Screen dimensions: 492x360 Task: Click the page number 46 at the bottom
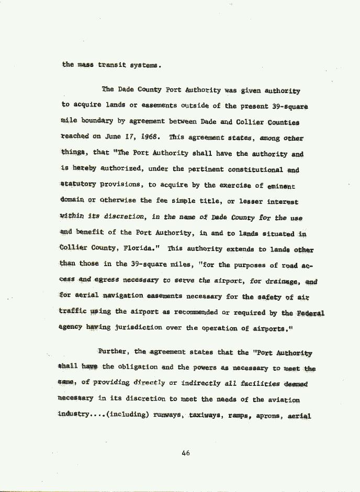click(x=185, y=453)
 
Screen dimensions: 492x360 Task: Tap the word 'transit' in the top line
click(x=111, y=65)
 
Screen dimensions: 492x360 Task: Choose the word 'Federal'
click(x=311, y=313)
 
